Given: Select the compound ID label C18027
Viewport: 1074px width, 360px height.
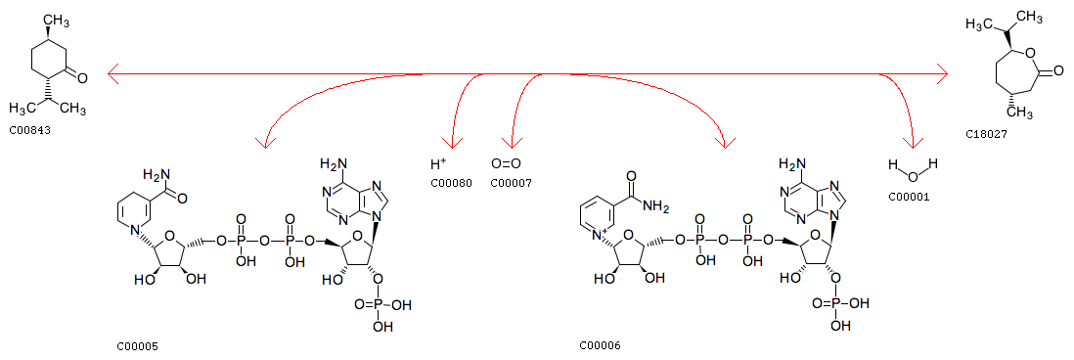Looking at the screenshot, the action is pos(986,135).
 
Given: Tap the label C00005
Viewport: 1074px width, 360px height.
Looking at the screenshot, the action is pos(137,346).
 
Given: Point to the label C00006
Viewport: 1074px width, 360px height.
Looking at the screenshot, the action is pos(600,346).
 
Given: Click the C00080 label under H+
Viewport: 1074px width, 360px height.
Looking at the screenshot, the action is pos(451,183).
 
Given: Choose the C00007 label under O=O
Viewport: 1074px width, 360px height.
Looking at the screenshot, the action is pos(511,183).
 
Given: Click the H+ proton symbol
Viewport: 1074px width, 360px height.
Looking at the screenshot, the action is pos(438,164).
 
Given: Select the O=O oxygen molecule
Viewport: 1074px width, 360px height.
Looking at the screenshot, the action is pos(506,164).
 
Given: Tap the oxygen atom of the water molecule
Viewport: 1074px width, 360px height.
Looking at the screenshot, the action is pos(913,176).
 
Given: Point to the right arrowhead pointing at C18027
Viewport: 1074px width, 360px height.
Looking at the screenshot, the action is pos(943,73).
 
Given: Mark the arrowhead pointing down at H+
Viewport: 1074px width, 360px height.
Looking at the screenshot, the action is pos(451,142).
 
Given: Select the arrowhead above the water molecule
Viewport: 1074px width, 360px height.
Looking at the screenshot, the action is pos(911,142).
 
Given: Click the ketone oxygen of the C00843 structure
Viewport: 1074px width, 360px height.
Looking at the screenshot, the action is pos(82,78).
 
